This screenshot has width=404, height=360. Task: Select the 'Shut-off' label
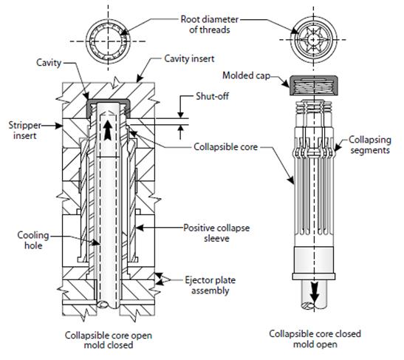click(210, 96)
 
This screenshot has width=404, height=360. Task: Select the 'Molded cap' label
click(245, 76)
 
